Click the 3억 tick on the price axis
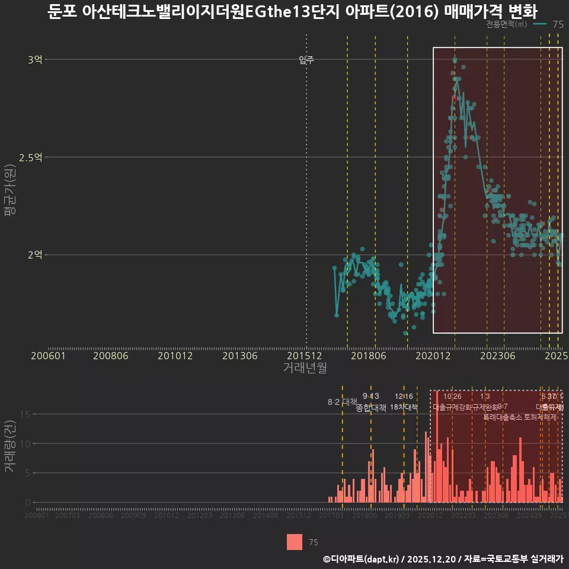click(35, 59)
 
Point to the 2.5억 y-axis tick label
click(31, 157)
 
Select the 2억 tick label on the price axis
click(35, 255)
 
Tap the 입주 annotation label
click(306, 59)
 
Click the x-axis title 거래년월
click(305, 368)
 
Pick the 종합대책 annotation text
click(371, 408)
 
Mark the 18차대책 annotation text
click(404, 407)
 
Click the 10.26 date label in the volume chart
click(452, 397)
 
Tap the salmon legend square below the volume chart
click(295, 542)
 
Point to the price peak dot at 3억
click(455, 60)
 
